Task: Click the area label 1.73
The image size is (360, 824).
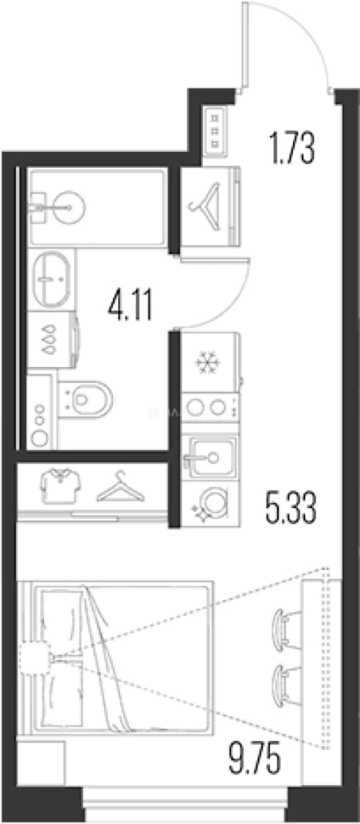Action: pyautogui.click(x=291, y=149)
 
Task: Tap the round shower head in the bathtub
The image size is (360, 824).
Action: pyautogui.click(x=69, y=207)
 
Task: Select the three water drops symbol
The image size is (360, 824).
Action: pyautogui.click(x=50, y=340)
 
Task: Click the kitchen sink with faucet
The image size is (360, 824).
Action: pyautogui.click(x=209, y=456)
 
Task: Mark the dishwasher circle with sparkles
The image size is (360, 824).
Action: pyautogui.click(x=212, y=501)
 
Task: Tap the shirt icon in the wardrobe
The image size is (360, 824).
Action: pyautogui.click(x=60, y=487)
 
